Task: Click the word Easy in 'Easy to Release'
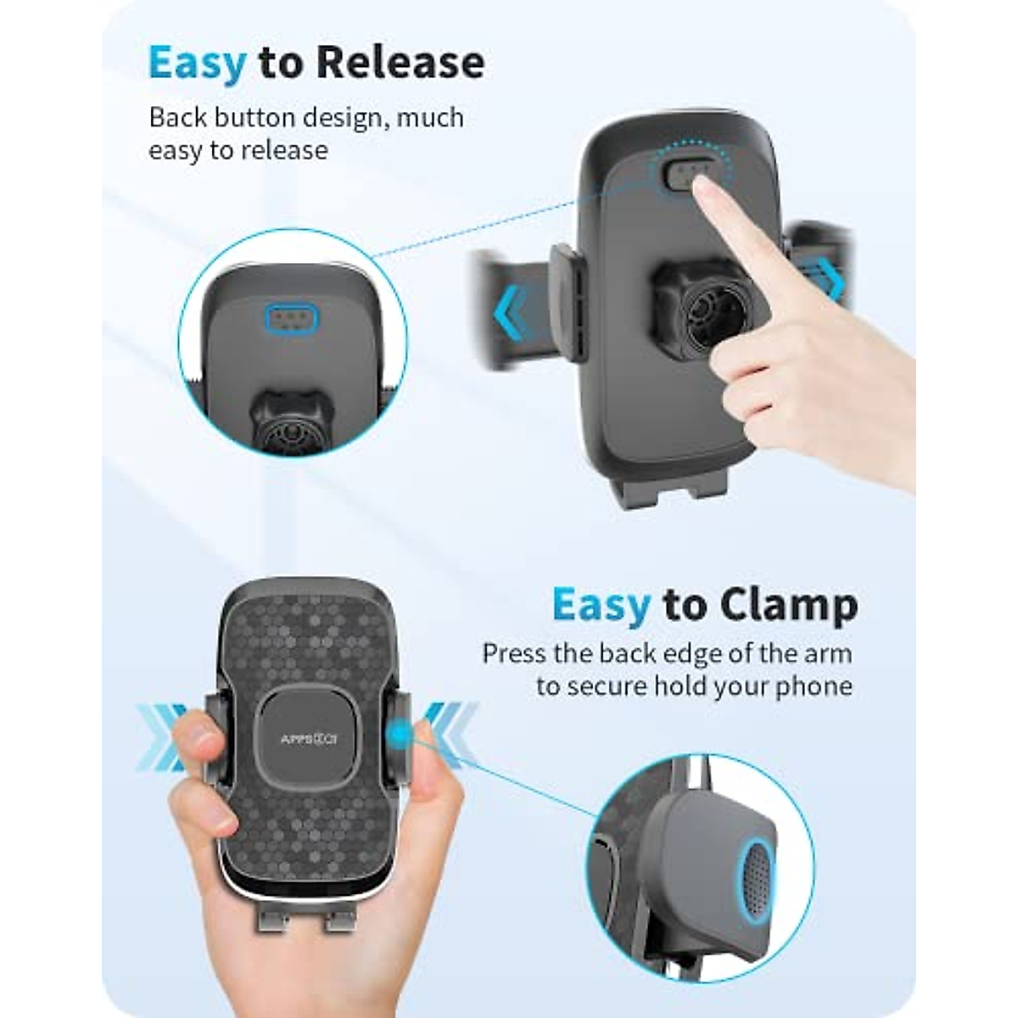(x=197, y=64)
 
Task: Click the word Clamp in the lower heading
(x=788, y=606)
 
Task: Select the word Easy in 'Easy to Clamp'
(x=601, y=606)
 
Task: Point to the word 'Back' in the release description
(x=175, y=117)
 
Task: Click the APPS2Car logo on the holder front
(x=309, y=739)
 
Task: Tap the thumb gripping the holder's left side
(x=199, y=747)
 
